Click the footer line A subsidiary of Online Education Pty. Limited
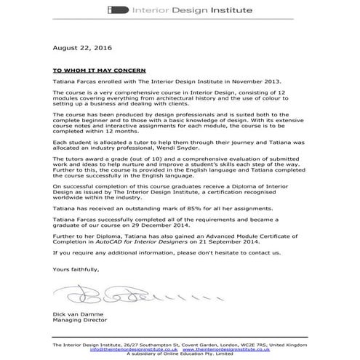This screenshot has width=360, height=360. tap(180, 353)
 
